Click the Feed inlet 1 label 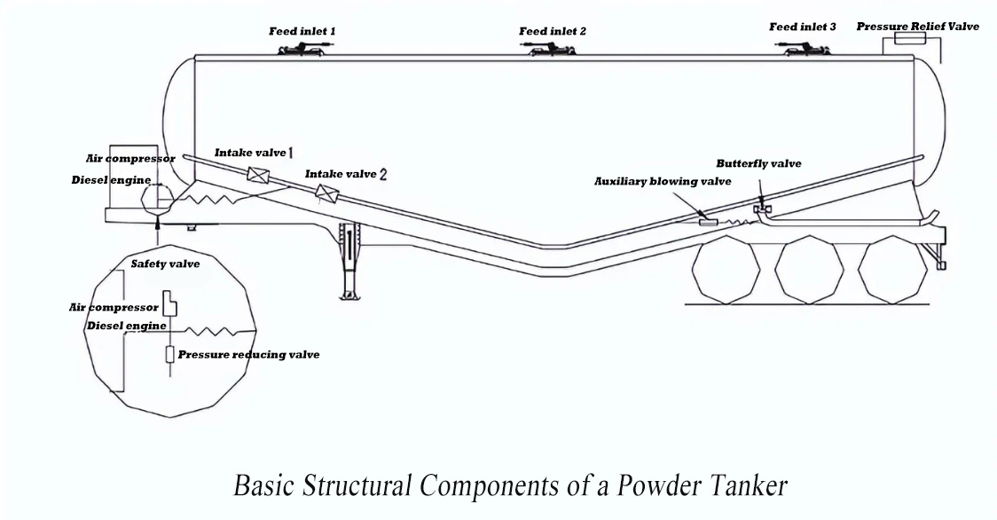tap(302, 31)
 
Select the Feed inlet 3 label tap(802, 28)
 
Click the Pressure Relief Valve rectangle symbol tap(907, 40)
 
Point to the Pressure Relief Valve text tap(917, 27)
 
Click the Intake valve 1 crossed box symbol tap(258, 174)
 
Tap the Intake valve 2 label tap(346, 175)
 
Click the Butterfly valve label tap(758, 164)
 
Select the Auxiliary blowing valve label tap(663, 182)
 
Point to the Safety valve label tap(165, 264)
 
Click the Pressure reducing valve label tap(248, 355)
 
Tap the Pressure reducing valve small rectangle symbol tap(169, 355)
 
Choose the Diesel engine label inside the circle tap(126, 326)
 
